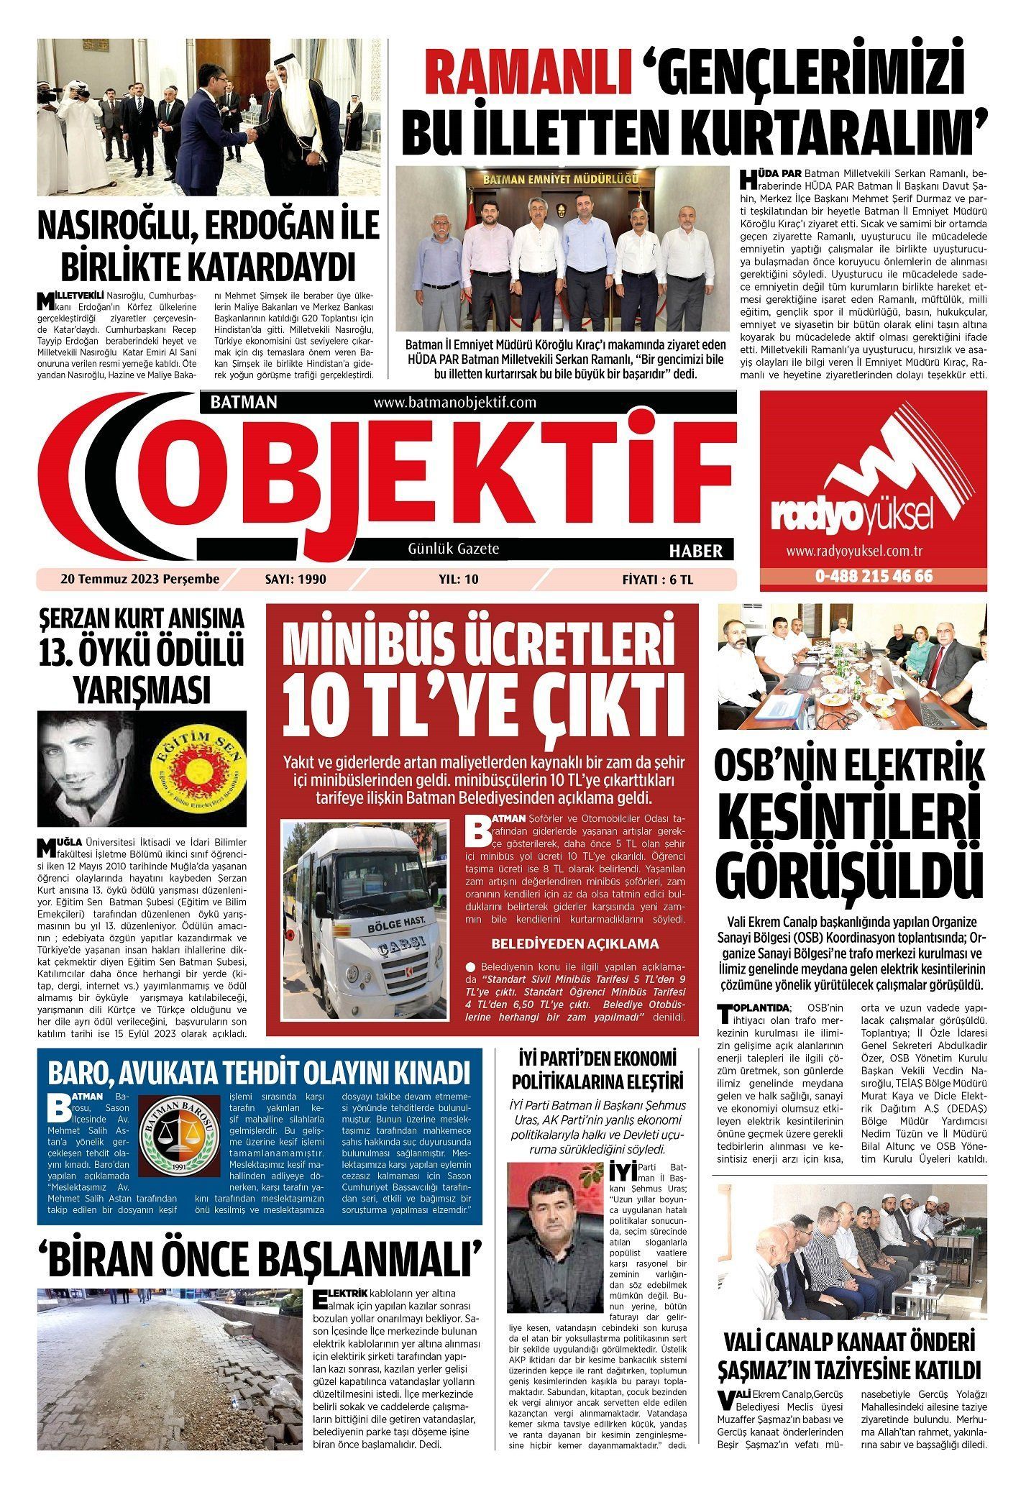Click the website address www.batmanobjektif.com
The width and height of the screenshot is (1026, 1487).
coord(455,403)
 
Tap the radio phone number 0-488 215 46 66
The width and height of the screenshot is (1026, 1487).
coord(874,577)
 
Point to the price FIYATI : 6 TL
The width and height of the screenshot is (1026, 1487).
coord(658,578)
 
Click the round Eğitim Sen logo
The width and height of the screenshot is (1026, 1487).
coord(202,769)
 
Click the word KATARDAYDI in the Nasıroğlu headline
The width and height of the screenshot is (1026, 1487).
coord(209,267)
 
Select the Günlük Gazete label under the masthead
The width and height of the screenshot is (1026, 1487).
coord(453,549)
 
